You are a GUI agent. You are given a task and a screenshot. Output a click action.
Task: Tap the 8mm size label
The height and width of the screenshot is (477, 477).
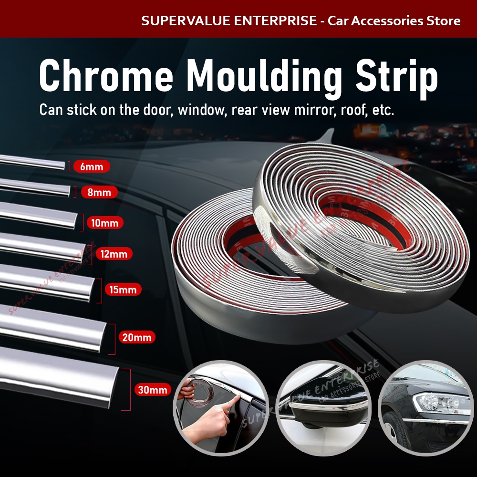click(99, 193)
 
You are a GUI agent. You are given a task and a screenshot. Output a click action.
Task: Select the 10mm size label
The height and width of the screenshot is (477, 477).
click(104, 223)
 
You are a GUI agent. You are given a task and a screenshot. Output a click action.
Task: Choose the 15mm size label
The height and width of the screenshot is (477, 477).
click(123, 290)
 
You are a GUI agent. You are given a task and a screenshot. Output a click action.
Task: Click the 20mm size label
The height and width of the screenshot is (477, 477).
click(136, 338)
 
